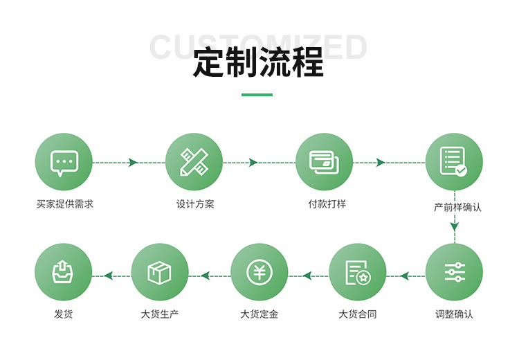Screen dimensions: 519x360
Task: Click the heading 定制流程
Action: [258, 63]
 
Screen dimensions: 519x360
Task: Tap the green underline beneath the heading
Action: [257, 94]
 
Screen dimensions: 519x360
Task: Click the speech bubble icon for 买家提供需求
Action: [64, 162]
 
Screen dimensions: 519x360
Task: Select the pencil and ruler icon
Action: [194, 162]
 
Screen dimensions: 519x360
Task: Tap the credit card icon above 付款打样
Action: [324, 162]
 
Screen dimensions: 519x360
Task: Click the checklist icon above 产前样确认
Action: [454, 162]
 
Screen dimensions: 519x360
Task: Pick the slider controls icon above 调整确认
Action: [454, 272]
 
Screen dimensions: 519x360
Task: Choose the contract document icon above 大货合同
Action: [357, 272]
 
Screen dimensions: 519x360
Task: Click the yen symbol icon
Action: [259, 272]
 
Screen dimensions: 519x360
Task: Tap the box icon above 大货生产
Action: [160, 272]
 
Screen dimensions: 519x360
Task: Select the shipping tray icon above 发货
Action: [64, 272]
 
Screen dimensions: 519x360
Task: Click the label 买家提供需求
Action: [64, 204]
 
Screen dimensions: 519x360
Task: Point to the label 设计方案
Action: [194, 204]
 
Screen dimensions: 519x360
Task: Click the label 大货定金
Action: [259, 314]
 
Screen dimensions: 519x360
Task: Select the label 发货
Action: [64, 314]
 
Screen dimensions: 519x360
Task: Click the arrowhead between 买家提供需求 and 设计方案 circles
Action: [133, 163]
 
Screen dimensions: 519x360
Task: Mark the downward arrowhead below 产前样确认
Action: [455, 226]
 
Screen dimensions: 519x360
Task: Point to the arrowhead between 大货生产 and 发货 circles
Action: [108, 276]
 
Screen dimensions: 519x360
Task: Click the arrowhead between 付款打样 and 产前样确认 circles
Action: [380, 163]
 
